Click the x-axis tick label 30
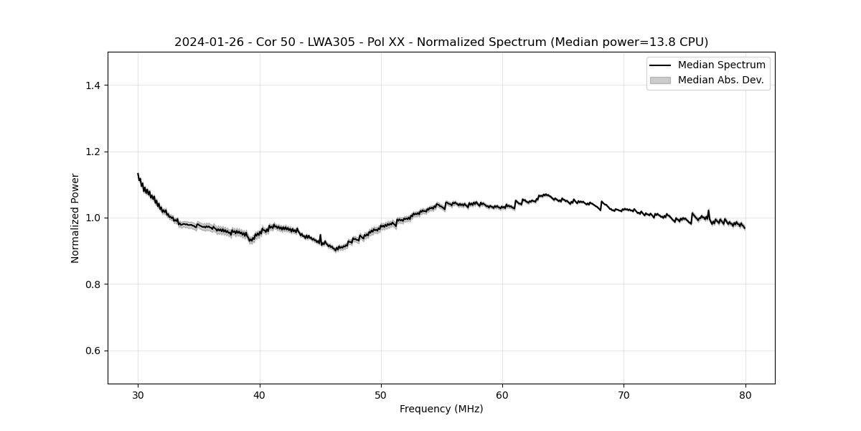(x=138, y=394)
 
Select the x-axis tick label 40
(x=260, y=394)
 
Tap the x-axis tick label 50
(x=381, y=394)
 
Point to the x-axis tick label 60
(x=502, y=394)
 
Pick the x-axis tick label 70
(x=624, y=394)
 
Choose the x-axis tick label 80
(x=745, y=394)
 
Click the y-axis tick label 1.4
(x=93, y=85)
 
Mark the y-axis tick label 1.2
(x=93, y=152)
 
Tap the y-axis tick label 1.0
(x=93, y=218)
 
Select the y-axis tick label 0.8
(x=93, y=284)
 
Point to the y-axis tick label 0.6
(x=93, y=351)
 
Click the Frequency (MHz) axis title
(x=441, y=409)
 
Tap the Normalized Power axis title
(x=75, y=218)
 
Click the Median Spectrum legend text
(x=721, y=65)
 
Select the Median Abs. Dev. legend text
(x=720, y=80)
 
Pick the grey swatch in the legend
(x=659, y=80)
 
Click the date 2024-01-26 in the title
(x=207, y=42)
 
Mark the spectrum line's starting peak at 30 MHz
(x=138, y=174)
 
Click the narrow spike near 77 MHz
(x=708, y=210)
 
